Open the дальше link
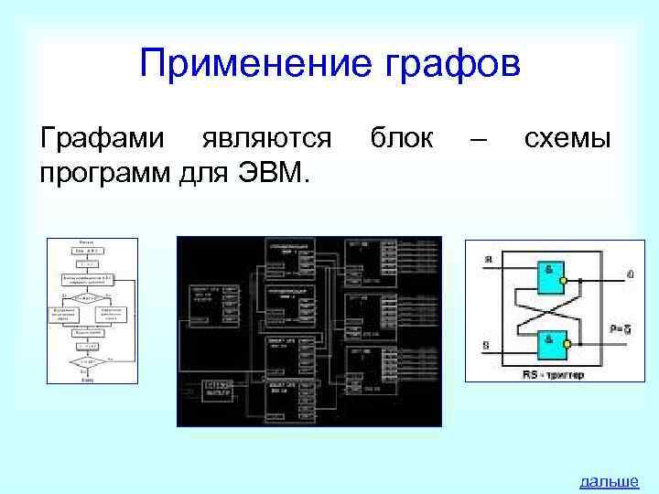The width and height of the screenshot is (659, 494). [x=609, y=481]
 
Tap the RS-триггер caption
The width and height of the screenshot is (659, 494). [x=552, y=374]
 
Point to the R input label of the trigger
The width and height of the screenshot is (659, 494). [x=488, y=260]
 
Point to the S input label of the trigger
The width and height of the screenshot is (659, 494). [x=486, y=346]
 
